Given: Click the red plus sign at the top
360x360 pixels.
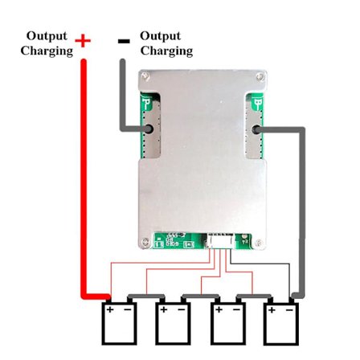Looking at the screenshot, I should click(x=83, y=40).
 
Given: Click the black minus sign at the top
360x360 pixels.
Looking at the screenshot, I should click(x=124, y=40).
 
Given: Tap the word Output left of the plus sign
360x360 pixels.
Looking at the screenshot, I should click(x=47, y=36).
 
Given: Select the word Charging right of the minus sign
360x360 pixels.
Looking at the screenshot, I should click(x=166, y=51).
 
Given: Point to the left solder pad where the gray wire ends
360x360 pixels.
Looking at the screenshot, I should click(x=149, y=129).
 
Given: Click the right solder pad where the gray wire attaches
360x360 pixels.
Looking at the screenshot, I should click(x=256, y=129).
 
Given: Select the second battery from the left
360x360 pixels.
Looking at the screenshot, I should click(x=172, y=325).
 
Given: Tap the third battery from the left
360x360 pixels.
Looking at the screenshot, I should click(x=227, y=325).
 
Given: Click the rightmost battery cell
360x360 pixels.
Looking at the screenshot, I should click(x=282, y=325).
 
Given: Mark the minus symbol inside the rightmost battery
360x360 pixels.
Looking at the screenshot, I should click(x=290, y=309).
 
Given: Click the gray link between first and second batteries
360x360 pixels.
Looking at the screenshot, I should click(x=145, y=299).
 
